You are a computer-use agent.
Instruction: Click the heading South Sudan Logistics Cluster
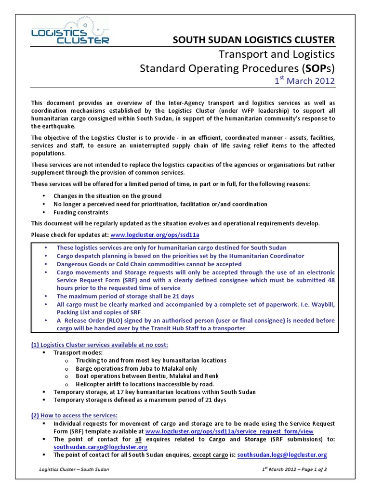click(254, 39)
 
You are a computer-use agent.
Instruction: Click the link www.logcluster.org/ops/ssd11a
click(155, 235)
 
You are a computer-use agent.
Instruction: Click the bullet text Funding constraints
click(80, 212)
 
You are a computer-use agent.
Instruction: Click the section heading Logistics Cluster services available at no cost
click(100, 345)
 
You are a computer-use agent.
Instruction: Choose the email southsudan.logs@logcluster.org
click(282, 454)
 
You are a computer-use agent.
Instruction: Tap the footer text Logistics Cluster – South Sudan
click(74, 470)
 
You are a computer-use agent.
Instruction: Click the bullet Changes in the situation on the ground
click(107, 196)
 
